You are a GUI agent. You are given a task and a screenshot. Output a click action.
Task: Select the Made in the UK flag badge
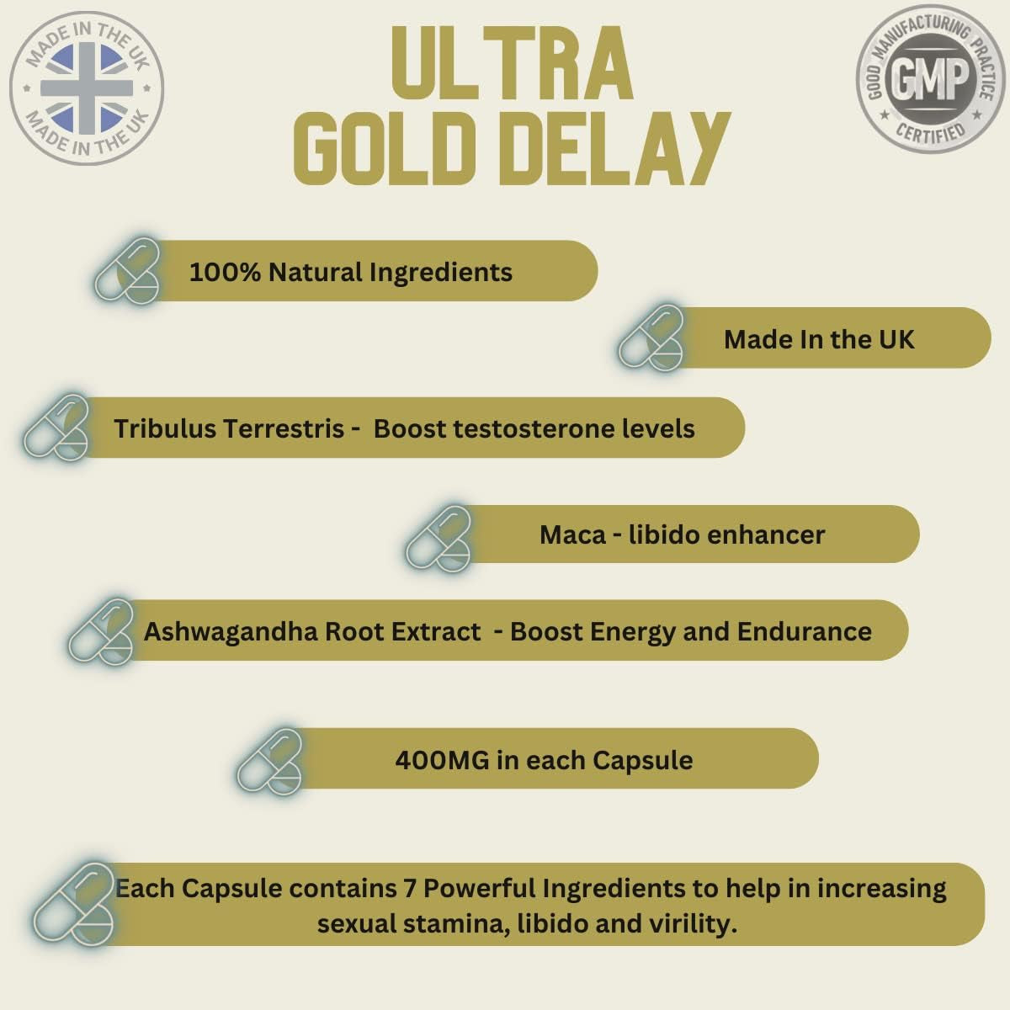[x=86, y=87]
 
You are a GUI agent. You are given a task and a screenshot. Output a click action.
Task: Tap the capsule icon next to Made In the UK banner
[x=651, y=338]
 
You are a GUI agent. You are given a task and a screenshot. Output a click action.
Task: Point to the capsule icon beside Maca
[x=439, y=538]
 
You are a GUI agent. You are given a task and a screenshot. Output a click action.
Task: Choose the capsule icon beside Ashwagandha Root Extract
[x=102, y=630]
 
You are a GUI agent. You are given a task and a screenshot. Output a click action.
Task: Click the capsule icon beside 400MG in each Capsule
[x=270, y=761]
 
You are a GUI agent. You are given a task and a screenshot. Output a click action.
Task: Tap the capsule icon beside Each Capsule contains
[x=74, y=903]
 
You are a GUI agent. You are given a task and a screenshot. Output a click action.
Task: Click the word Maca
[x=572, y=534]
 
